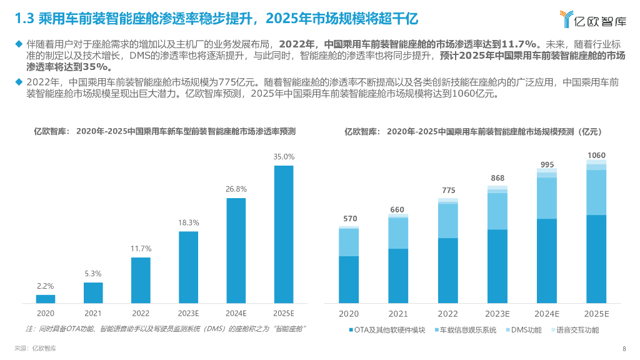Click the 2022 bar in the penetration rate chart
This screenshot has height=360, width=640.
(x=141, y=280)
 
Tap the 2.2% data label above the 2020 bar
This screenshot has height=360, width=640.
(x=46, y=286)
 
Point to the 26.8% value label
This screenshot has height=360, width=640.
(x=236, y=189)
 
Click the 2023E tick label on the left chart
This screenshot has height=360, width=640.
(x=188, y=313)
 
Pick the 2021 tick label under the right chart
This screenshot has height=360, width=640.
(x=398, y=313)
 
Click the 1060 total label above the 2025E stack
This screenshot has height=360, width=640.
(x=596, y=155)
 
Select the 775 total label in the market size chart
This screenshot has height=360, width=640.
(x=447, y=190)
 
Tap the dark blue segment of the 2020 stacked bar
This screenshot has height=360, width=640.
(x=349, y=279)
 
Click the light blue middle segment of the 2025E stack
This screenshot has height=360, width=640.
(x=596, y=192)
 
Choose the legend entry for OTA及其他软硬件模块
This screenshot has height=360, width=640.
(x=386, y=329)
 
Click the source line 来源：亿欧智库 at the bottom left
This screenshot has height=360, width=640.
(x=35, y=349)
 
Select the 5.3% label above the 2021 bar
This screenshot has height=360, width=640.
(x=93, y=273)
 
